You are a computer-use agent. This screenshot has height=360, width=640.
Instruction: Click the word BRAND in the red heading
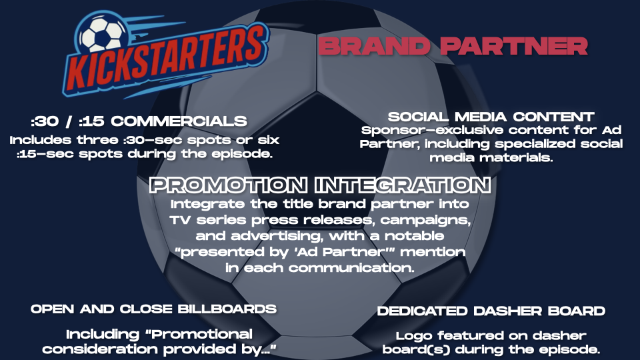coord(374,46)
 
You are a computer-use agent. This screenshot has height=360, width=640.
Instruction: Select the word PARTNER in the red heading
coord(514,46)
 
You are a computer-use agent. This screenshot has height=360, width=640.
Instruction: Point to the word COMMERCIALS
coord(179,121)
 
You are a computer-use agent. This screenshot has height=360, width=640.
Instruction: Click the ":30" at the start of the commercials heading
coord(45,121)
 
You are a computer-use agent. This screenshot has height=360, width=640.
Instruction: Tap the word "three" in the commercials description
coord(97,140)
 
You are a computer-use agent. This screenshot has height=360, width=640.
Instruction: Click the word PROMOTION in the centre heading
coord(229,185)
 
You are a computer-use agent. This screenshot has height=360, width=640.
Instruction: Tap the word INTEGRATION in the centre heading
coord(403,185)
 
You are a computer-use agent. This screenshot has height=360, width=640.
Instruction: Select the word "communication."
coord(351,268)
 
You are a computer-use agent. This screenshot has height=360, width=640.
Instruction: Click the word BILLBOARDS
coord(227,309)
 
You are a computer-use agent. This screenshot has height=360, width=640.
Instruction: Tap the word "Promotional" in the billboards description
coord(202,334)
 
